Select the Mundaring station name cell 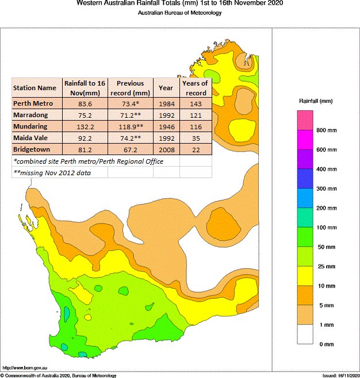pos(32,126)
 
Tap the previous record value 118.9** pos(129,126)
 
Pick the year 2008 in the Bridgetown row pos(166,149)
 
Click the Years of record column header pos(195,87)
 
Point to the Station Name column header pos(35,88)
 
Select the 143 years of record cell pos(195,103)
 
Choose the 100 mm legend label pos(326,227)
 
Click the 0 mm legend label pos(326,344)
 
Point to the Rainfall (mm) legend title pos(316,101)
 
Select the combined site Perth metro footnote pos(88,161)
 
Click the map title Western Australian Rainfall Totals pos(179,3)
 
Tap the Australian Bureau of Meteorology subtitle pos(179,13)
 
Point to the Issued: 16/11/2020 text pos(340,375)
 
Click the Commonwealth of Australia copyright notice pos(59,375)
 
